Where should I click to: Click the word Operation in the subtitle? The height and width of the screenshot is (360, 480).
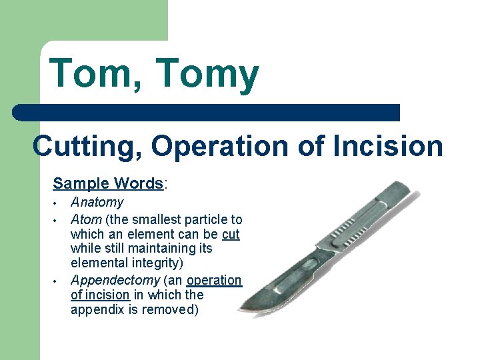pos(226,145)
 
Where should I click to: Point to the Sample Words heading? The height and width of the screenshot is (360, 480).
pos(108,183)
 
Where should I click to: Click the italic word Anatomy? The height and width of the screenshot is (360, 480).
pos(97,203)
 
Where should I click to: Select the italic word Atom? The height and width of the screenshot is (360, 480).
pos(86,219)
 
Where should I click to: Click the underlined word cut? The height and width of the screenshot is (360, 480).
pos(230,234)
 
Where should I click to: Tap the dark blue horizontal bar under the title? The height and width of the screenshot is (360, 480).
pos(207,113)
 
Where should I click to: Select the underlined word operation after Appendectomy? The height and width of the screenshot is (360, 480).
pos(215,280)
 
